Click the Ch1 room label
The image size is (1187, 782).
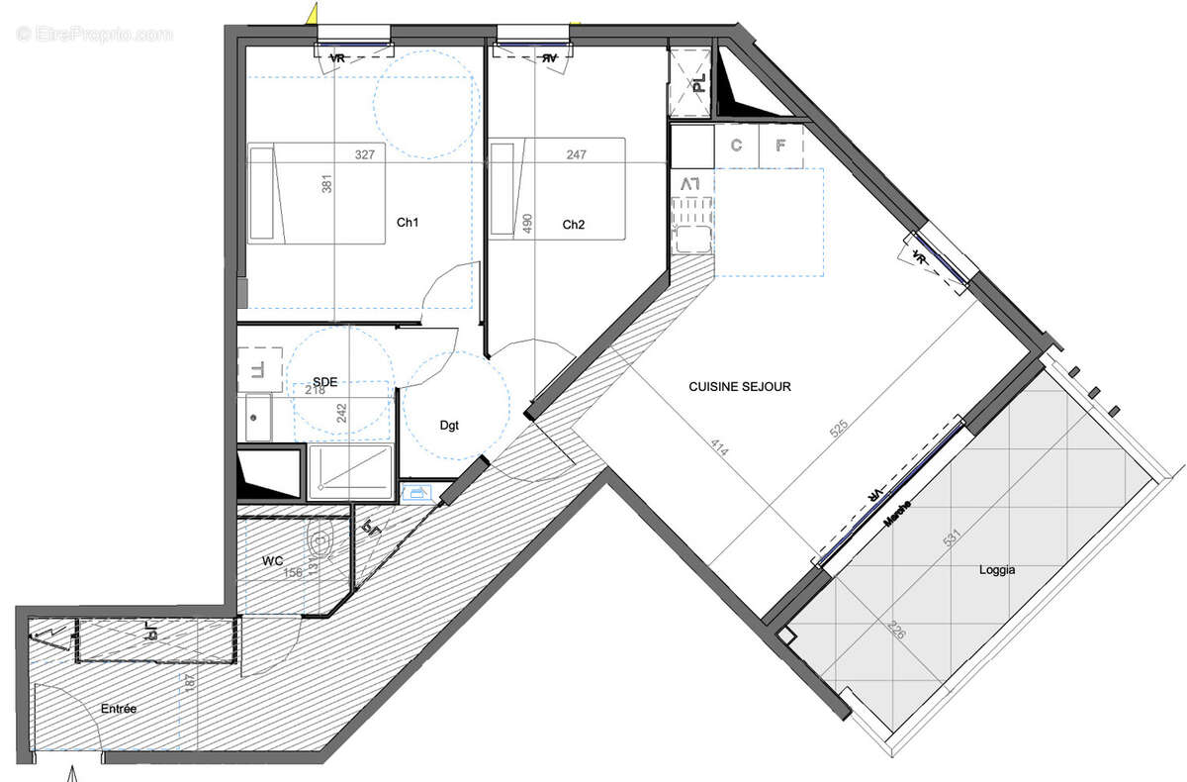click(408, 223)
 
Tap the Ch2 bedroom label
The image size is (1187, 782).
click(574, 225)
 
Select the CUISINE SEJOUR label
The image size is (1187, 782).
click(740, 387)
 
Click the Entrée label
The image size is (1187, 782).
click(118, 709)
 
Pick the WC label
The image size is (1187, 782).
click(273, 561)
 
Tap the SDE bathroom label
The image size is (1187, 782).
click(324, 381)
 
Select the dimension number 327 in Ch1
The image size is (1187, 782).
click(365, 155)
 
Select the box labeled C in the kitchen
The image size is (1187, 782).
click(736, 147)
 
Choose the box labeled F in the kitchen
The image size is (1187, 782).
click(780, 147)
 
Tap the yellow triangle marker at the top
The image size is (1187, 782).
click(313, 13)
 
